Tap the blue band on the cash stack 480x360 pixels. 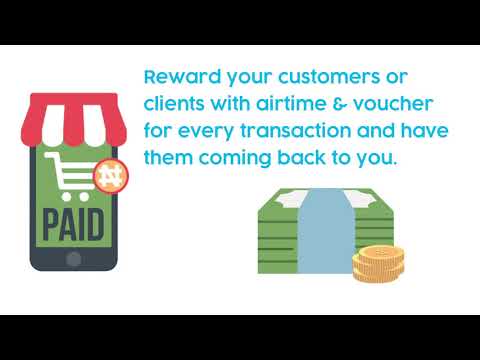tap(322, 230)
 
